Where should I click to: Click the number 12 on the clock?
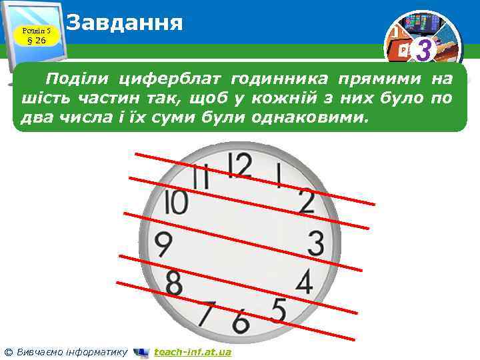[240, 165]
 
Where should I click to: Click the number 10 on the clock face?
[176, 202]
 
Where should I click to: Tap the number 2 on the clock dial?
[306, 201]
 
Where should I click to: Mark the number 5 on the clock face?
[278, 310]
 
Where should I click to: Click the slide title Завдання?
[125, 23]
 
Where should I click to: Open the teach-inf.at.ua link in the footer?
[192, 352]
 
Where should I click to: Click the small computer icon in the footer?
[141, 352]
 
